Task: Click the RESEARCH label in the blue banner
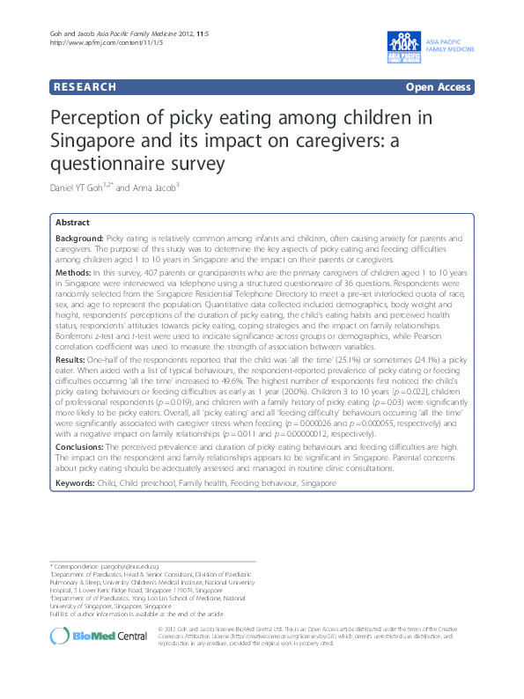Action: coord(85,87)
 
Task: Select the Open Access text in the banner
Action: coord(437,87)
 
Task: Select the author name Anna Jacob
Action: coord(160,187)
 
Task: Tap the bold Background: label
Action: coord(79,239)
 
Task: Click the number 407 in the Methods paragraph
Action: coord(129,275)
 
